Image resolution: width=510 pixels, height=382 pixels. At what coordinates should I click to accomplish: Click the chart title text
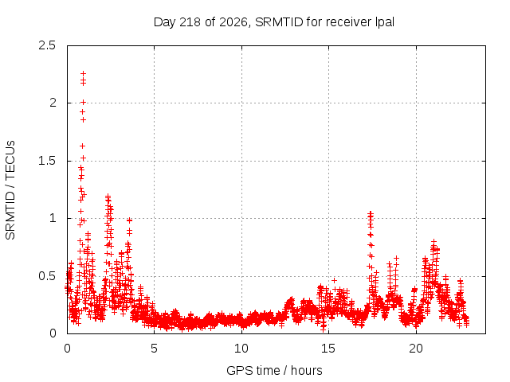tap(274, 22)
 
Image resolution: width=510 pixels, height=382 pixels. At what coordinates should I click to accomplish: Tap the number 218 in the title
tap(190, 22)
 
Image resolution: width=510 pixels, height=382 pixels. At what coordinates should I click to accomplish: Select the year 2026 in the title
tap(233, 22)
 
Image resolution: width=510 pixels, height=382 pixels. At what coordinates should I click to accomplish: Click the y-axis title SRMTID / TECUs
tap(10, 190)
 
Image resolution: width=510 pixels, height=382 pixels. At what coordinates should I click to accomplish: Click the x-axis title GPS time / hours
tap(274, 370)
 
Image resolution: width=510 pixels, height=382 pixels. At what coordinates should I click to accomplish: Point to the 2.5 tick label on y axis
tap(47, 45)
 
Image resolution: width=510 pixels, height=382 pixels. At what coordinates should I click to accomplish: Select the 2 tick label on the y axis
tap(53, 103)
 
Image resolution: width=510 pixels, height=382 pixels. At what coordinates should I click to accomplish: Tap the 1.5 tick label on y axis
tap(47, 161)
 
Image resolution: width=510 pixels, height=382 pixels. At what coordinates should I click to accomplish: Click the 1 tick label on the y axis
tap(53, 218)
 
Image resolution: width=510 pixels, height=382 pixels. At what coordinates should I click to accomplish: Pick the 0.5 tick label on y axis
tap(47, 276)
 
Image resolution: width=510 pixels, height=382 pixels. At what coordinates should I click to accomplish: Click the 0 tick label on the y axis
tap(53, 333)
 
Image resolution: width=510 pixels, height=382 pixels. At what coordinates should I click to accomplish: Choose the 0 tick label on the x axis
tap(67, 349)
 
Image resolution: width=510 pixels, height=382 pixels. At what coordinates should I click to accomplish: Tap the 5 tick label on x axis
tap(154, 349)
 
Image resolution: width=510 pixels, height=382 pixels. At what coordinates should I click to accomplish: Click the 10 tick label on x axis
tap(241, 349)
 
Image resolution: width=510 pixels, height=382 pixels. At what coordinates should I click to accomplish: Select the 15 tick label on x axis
tap(328, 349)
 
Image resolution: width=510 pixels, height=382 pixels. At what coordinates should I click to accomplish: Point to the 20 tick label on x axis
tap(416, 349)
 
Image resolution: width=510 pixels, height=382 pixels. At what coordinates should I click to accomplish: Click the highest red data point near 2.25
tap(83, 73)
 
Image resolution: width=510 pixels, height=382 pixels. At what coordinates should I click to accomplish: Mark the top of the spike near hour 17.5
tap(370, 213)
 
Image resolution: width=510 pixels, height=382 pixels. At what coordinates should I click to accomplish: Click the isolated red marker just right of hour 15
tap(334, 281)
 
